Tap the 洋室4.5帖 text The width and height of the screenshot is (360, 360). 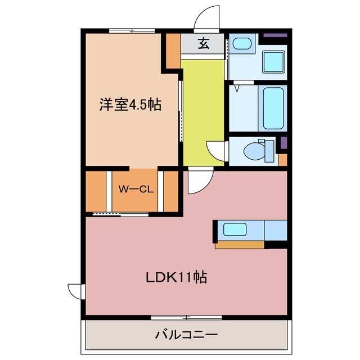[130, 105]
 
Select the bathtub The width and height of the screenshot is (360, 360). [274, 108]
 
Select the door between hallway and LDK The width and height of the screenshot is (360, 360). [199, 181]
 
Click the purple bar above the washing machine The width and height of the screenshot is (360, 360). [275, 36]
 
